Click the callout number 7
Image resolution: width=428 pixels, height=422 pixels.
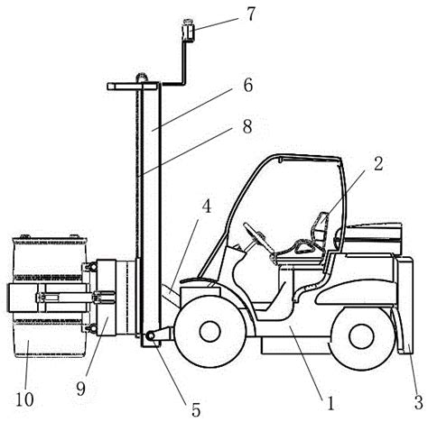click(250, 14)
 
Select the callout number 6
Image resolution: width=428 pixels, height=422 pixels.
click(247, 86)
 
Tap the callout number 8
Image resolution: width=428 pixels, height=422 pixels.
click(247, 126)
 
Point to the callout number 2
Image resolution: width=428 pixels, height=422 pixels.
click(378, 164)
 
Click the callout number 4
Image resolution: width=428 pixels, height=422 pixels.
click(207, 206)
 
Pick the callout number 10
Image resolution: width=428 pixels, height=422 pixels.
click(24, 399)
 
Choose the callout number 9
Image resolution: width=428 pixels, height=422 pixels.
click(80, 390)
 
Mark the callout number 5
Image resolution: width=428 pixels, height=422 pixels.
click(196, 409)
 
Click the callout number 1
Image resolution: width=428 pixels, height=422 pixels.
click(330, 403)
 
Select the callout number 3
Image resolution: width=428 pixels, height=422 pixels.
click(419, 402)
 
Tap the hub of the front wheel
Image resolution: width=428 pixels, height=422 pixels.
click(210, 332)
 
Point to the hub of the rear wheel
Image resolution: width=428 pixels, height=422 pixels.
click(361, 336)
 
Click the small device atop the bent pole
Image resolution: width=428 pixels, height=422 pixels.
click(188, 30)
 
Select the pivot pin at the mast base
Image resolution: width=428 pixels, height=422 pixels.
click(150, 336)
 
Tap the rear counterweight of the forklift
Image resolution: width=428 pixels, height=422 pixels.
click(405, 305)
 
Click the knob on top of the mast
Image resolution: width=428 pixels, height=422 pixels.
click(143, 78)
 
